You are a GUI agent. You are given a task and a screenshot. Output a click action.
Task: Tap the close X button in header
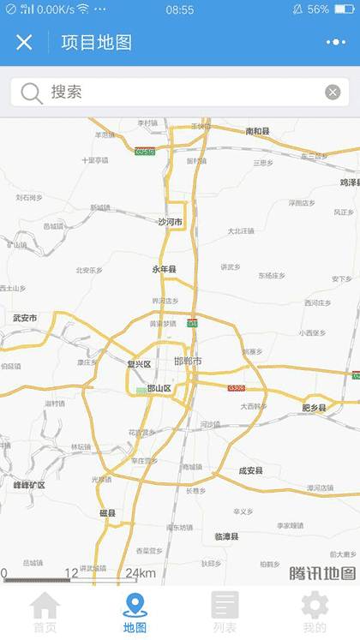(x=24, y=42)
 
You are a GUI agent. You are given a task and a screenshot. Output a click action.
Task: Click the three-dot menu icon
(x=336, y=42)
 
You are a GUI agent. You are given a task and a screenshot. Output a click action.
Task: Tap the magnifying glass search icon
(x=32, y=93)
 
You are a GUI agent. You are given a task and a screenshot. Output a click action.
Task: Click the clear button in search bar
(x=333, y=93)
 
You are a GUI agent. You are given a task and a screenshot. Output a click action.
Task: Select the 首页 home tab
(x=45, y=613)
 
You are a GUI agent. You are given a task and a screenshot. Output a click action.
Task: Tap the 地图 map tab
(x=135, y=613)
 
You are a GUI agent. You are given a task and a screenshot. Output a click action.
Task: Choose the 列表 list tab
(x=225, y=613)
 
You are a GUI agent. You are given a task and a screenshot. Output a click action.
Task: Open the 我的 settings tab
(x=315, y=613)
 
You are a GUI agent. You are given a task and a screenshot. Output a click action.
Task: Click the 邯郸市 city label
(x=187, y=362)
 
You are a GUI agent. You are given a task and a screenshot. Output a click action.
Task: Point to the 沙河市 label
(x=170, y=222)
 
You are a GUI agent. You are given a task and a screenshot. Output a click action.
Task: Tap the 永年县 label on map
(x=164, y=270)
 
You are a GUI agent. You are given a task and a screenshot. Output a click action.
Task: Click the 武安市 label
(x=25, y=318)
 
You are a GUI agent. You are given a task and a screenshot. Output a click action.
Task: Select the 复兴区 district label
(x=139, y=364)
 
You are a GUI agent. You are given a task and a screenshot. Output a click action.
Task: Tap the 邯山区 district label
(x=159, y=388)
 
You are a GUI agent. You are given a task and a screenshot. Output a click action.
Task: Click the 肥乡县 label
(x=315, y=408)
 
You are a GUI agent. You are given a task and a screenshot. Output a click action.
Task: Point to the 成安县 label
(x=250, y=470)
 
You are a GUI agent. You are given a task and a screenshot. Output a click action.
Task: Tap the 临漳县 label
(x=227, y=536)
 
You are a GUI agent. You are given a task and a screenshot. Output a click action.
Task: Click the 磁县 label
(x=107, y=513)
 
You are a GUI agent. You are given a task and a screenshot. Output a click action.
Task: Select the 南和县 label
(x=257, y=131)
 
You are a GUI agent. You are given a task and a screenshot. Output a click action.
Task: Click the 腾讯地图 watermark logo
(x=321, y=573)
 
